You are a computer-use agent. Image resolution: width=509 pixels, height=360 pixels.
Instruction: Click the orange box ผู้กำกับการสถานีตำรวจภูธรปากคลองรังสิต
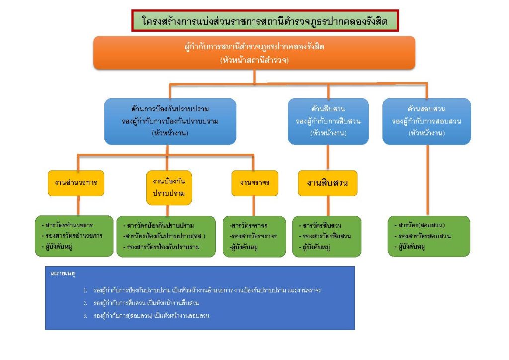pyautogui.click(x=254, y=52)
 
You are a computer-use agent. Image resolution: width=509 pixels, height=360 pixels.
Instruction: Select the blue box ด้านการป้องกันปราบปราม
pyautogui.click(x=170, y=121)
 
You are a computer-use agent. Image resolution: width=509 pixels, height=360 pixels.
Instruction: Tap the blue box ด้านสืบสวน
pyautogui.click(x=328, y=121)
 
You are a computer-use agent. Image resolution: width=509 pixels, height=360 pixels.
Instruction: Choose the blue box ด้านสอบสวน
pyautogui.click(x=426, y=121)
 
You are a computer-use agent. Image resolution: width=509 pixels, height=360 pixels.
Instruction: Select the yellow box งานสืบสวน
pyautogui.click(x=328, y=183)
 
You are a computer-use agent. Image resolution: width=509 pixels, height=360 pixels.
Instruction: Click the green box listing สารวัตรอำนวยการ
pyautogui.click(x=75, y=236)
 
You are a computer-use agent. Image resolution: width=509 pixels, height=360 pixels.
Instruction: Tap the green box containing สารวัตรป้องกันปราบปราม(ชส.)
pyautogui.click(x=166, y=236)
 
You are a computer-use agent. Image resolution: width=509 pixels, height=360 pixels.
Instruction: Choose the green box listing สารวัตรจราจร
pyautogui.click(x=254, y=236)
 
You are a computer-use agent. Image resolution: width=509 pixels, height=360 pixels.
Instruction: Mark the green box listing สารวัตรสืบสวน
pyautogui.click(x=326, y=236)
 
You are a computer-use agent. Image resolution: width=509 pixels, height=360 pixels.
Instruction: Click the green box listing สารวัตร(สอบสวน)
pyautogui.click(x=428, y=236)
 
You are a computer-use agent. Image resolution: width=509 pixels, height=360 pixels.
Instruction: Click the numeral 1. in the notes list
pyautogui.click(x=85, y=290)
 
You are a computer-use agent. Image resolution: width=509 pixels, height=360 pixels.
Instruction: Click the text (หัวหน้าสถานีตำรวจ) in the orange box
pyautogui.click(x=254, y=60)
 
